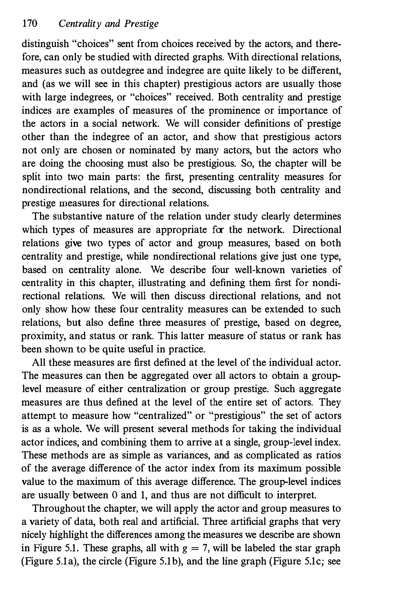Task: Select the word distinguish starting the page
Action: [x=45, y=44]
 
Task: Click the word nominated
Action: [x=152, y=150]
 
